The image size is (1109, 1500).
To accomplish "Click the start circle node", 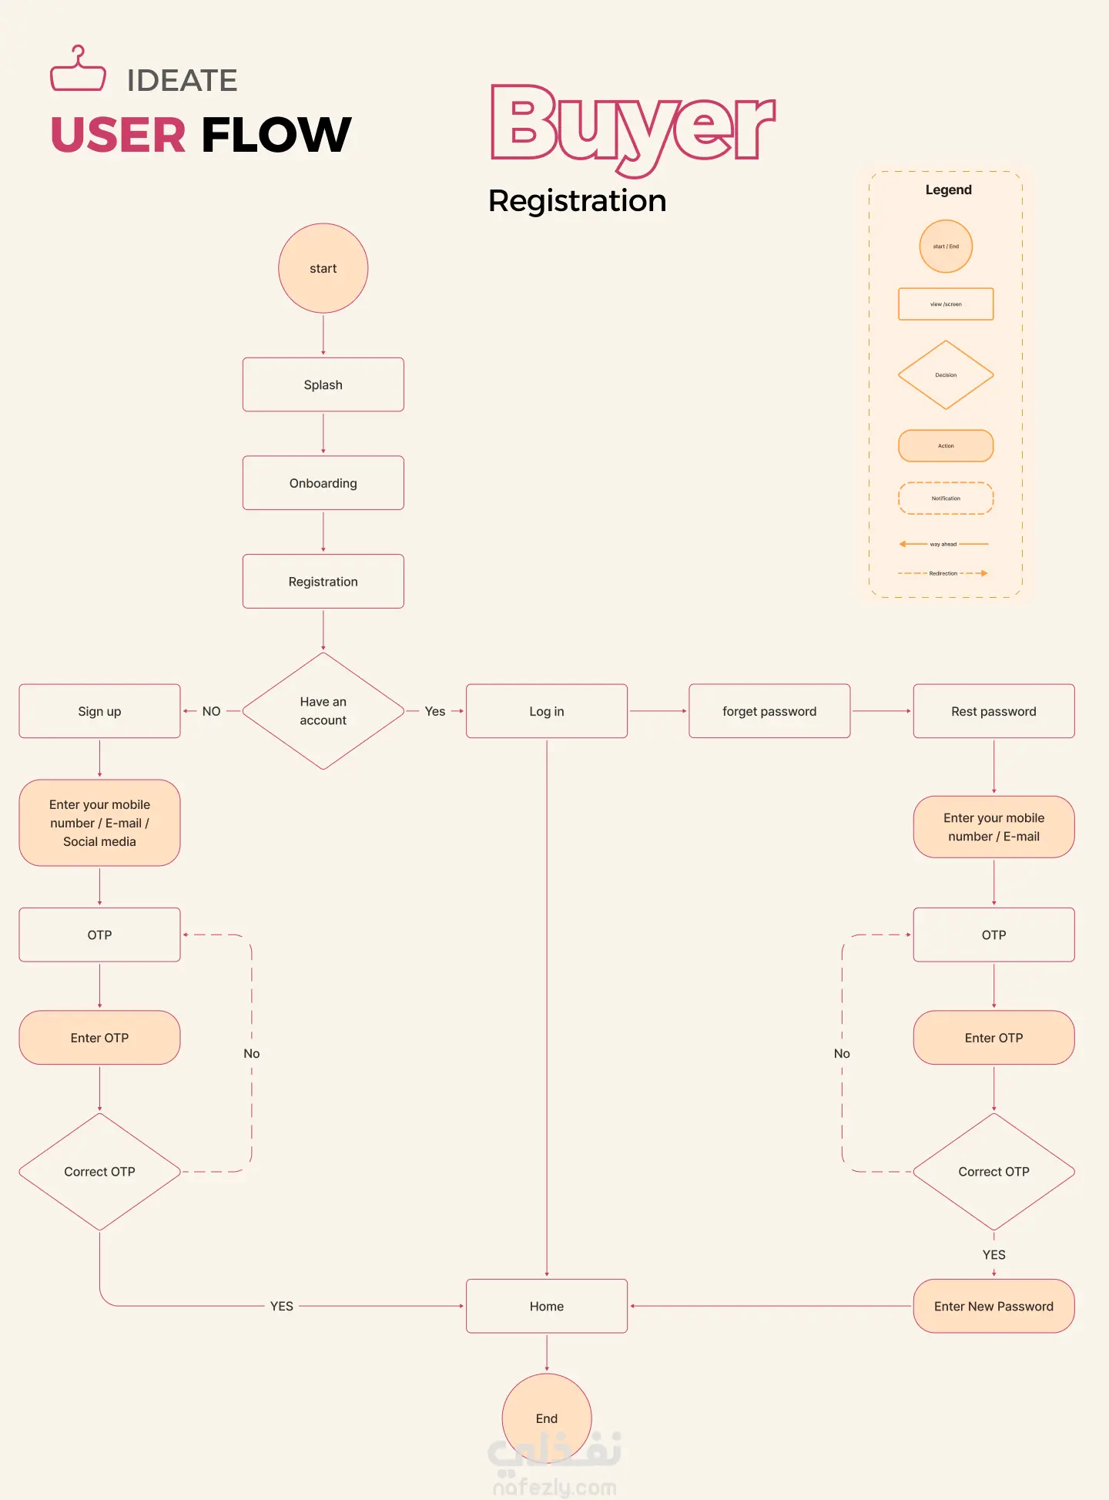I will [323, 268].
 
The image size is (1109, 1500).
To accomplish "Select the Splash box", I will [323, 384].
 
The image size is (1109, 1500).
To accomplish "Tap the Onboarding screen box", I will [323, 483].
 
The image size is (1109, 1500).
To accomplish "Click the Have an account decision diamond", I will [323, 711].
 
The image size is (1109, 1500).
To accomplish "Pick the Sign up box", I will [99, 711].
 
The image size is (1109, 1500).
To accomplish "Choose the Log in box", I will [547, 711].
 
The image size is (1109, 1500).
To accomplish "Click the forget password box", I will [769, 711].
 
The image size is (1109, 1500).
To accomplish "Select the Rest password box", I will [993, 711].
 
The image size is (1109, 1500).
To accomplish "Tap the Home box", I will [547, 1306].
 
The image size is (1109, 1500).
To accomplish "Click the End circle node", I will [547, 1418].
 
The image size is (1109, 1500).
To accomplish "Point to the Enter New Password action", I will [993, 1306].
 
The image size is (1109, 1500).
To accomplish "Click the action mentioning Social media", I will [99, 823].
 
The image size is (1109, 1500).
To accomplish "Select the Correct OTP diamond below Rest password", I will [993, 1171].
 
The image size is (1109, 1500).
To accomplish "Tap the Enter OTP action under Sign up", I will [99, 1038].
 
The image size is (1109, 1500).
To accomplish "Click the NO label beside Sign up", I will [211, 711].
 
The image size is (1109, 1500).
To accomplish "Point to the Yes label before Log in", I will [435, 711].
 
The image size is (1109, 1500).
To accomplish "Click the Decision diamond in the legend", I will [946, 375].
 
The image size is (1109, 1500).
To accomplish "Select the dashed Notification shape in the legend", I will [946, 498].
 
